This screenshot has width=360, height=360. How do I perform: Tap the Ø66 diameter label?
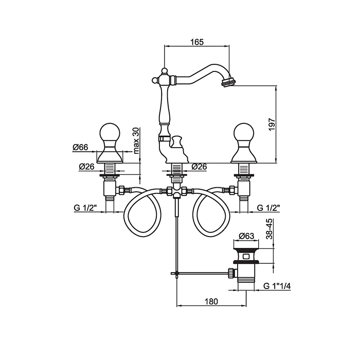click(x=80, y=147)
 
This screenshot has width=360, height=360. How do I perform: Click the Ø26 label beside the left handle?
click(x=86, y=167)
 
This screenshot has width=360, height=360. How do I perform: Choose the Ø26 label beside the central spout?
click(x=199, y=167)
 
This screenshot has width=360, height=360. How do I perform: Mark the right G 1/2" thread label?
click(x=268, y=208)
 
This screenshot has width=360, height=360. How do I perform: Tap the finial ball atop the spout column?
click(x=164, y=70)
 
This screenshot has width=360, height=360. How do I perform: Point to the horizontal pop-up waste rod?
click(x=201, y=272)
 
